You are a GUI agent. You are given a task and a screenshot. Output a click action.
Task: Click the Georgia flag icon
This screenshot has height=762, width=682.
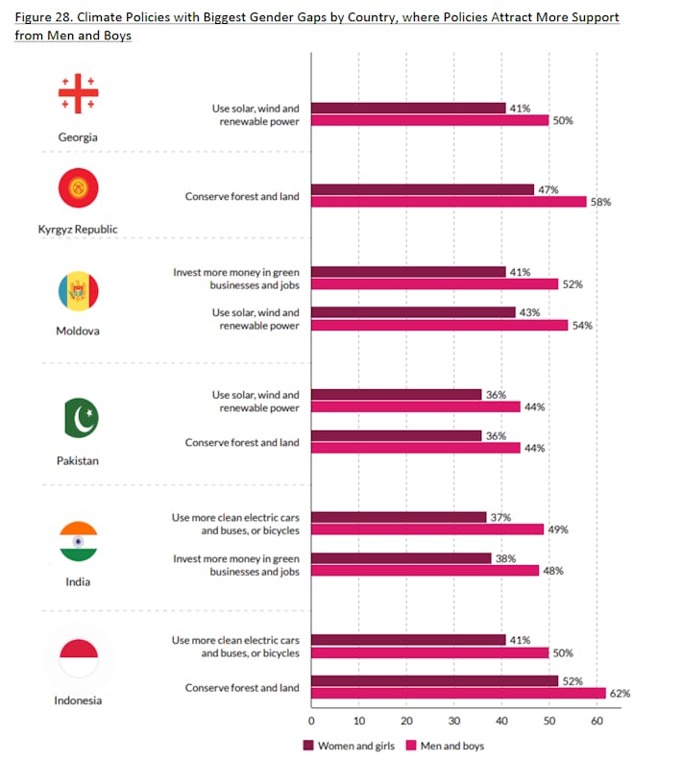78,93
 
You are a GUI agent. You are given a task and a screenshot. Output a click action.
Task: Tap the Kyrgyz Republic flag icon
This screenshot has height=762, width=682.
78,187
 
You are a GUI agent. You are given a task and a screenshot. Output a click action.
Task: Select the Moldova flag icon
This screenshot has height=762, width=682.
78,291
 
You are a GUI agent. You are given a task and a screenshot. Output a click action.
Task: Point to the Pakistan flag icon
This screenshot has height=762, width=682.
78,417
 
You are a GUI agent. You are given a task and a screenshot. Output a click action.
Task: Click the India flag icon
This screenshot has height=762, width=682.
78,542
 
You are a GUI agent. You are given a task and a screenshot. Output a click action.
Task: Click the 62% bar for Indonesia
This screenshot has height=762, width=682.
458,693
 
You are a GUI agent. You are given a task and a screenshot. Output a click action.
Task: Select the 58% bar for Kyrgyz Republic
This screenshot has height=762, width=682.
449,202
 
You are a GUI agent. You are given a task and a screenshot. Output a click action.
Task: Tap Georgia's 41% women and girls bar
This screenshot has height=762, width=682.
408,109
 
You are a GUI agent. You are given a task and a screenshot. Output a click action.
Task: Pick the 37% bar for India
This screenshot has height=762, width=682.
399,517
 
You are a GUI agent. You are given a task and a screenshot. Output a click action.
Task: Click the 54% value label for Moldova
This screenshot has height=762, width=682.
582,326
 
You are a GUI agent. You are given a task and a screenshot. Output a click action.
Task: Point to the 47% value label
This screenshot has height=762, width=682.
548,190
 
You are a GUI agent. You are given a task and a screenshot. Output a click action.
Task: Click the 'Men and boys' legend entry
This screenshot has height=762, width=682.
444,745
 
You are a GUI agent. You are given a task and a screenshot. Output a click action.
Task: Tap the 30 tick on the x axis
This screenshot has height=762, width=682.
453,719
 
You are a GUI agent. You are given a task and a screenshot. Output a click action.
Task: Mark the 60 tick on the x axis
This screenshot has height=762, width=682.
596,719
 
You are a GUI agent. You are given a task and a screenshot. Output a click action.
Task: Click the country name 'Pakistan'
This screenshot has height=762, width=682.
78,460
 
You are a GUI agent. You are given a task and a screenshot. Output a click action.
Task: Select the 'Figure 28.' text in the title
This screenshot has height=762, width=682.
47,18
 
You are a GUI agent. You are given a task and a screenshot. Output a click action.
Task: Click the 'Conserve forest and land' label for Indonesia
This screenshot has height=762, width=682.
242,687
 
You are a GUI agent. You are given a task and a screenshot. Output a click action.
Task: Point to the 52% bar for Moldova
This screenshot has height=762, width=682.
434,284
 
